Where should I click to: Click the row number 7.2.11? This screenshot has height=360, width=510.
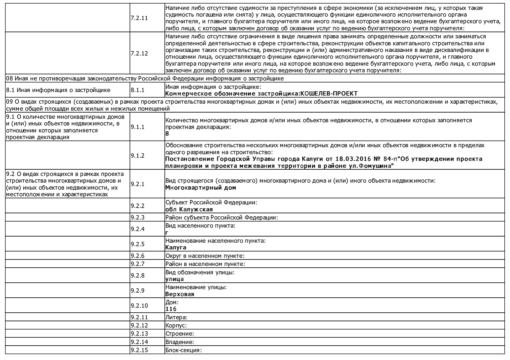coord(139,18)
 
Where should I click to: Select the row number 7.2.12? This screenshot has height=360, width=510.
coord(139,53)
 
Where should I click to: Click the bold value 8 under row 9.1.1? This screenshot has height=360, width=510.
coord(167,134)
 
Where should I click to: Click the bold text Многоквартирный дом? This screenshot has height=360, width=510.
coord(201,188)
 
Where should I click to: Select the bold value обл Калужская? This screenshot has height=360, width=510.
coord(189,209)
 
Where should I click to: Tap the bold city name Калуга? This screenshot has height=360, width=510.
coord(176,247)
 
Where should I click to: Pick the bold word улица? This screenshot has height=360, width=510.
coord(174,279)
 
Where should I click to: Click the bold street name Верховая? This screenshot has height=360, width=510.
coord(180,294)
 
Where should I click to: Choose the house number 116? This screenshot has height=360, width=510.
coord(171,309)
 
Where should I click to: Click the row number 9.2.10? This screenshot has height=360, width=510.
coord(139,306)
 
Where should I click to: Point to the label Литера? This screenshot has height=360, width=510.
coord(176,317)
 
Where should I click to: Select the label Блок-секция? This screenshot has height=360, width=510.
coord(184,350)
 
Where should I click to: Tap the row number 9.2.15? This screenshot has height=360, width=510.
coord(139,350)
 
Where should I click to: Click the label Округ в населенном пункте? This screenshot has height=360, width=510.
coord(205,256)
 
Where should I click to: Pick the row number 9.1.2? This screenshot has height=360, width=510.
coord(138,155)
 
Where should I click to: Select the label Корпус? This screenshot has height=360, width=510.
coord(176,325)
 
